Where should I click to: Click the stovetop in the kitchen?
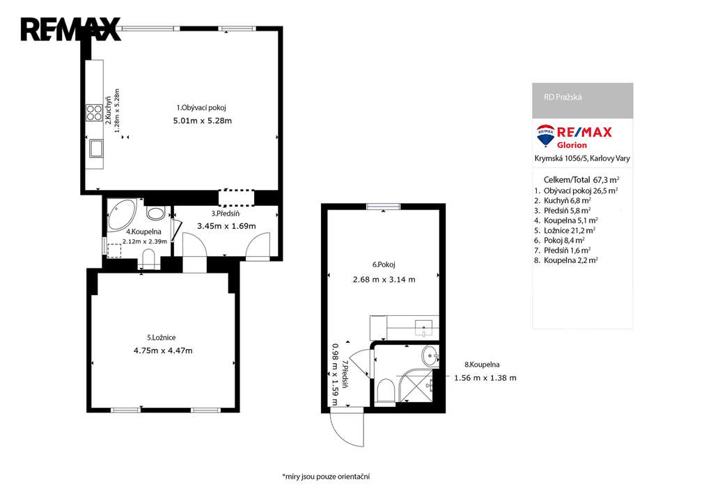95,113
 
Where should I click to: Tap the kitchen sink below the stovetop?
96,148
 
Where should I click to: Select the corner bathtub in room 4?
121,214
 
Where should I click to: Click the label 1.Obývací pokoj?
201,108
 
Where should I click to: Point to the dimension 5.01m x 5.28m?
203,121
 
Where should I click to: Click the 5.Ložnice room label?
161,337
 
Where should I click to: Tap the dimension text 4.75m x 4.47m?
163,351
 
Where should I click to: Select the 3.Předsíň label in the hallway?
225,214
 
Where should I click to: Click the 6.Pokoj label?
384,264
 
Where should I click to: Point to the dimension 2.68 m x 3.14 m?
384,280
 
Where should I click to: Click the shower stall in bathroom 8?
416,385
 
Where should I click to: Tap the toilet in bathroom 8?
386,391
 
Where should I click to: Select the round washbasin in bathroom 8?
430,356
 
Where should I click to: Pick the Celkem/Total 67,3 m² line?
581,180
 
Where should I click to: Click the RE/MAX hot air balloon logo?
545,136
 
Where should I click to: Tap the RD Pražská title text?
563,97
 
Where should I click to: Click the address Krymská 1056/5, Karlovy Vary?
582,159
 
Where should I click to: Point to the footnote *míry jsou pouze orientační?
326,477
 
